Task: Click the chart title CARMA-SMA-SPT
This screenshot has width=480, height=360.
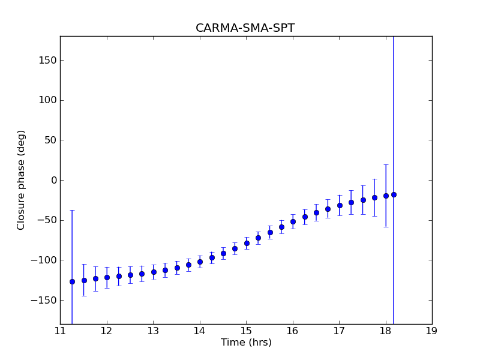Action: (245, 28)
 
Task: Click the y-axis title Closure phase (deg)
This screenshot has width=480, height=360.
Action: (22, 179)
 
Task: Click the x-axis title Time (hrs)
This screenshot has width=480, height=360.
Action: (246, 343)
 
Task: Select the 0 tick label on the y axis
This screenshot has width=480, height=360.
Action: (53, 180)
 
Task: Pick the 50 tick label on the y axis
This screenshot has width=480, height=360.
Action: (49, 140)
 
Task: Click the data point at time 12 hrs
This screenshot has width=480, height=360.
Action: (107, 277)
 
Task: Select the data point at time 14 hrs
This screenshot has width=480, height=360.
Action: (200, 262)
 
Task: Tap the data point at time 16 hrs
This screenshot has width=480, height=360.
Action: (293, 221)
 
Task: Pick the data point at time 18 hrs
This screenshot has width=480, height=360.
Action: (386, 196)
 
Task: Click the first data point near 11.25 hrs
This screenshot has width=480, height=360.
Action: (72, 281)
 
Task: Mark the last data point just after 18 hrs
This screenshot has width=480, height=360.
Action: (394, 194)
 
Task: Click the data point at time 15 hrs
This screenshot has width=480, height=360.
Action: (247, 243)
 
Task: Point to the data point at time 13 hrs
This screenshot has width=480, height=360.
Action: (154, 272)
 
